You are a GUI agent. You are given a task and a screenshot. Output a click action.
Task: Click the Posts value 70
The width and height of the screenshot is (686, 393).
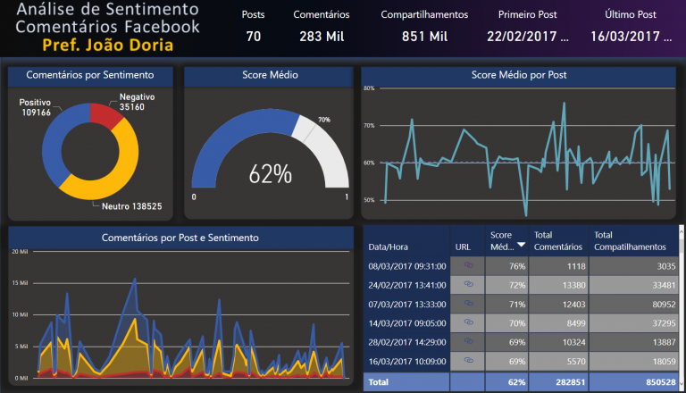[254, 37]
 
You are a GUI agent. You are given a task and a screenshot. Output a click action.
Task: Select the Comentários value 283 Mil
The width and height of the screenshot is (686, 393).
[322, 37]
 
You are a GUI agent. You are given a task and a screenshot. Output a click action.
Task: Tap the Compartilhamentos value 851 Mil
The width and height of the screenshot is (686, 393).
[424, 37]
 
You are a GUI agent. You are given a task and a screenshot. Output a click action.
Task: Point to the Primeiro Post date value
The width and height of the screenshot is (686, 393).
[528, 37]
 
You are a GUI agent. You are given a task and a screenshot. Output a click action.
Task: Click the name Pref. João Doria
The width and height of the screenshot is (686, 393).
[107, 44]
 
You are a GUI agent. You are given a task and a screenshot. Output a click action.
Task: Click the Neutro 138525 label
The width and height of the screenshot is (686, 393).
[131, 205]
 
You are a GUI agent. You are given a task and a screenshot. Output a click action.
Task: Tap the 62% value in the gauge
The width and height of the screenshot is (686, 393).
[271, 174]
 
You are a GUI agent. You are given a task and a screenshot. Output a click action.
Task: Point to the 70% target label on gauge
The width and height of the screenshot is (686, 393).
[324, 120]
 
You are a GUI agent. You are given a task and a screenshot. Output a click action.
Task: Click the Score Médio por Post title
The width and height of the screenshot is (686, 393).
[518, 75]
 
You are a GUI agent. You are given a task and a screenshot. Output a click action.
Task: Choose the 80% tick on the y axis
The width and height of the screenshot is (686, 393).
[369, 88]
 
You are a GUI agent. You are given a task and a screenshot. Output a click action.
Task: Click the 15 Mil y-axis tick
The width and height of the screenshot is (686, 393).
[19, 283]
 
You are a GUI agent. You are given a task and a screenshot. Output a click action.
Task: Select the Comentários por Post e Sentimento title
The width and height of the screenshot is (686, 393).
[180, 238]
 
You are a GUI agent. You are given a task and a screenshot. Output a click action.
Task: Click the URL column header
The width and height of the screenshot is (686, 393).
[463, 246]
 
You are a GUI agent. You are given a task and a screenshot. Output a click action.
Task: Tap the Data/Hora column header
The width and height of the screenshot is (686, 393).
[389, 246]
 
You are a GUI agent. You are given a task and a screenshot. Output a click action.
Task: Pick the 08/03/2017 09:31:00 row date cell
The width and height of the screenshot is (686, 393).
[406, 265]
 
